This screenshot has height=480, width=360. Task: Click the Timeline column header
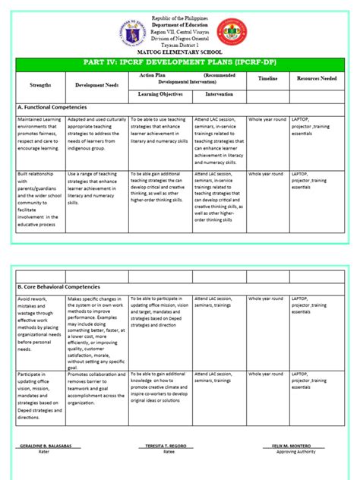point(267,79)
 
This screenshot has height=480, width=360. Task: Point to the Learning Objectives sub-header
point(159,94)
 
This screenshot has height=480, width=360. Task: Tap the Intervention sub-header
point(217,94)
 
